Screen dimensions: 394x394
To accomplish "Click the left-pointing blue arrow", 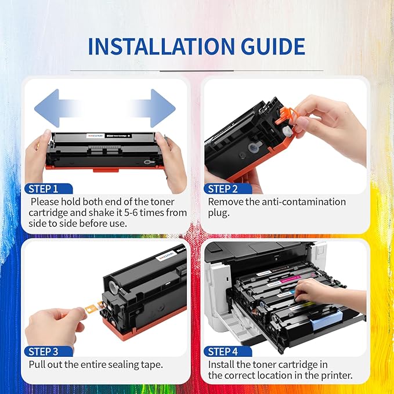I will tap(58, 107).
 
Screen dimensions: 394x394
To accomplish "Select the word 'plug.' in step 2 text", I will tap(220, 213).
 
